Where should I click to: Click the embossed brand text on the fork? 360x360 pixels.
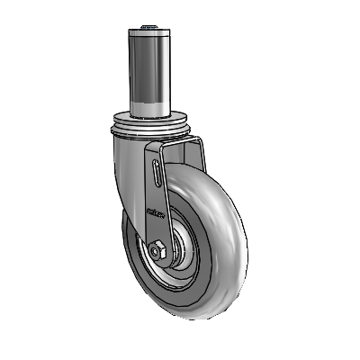tap(153, 215)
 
